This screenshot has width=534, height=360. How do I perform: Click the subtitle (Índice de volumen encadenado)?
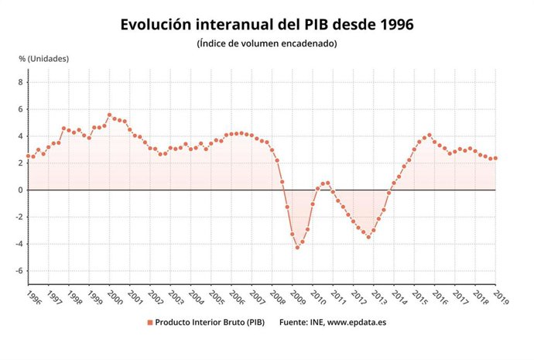coord(267,43)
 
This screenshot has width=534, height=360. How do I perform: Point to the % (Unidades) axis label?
coord(43,58)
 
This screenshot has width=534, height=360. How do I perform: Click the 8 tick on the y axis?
coord(21,82)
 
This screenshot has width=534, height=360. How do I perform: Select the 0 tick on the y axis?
coord(21,190)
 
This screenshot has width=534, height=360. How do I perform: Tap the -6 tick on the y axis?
coord(19,271)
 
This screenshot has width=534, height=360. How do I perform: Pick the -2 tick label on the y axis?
coord(19,217)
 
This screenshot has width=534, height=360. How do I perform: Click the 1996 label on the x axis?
coord(33,297)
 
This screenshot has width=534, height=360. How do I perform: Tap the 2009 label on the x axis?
coord(297,297)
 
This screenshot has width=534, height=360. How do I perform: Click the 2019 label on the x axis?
coord(500,297)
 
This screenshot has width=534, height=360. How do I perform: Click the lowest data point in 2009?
coord(297,248)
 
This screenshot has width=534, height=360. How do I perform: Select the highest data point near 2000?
coord(109,115)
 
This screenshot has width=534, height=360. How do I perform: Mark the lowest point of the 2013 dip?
coord(368,237)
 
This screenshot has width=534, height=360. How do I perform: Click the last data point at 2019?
coord(495,159)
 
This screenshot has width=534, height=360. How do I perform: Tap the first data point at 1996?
coord(28,156)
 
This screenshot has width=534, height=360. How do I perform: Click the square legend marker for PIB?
coord(149,322)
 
